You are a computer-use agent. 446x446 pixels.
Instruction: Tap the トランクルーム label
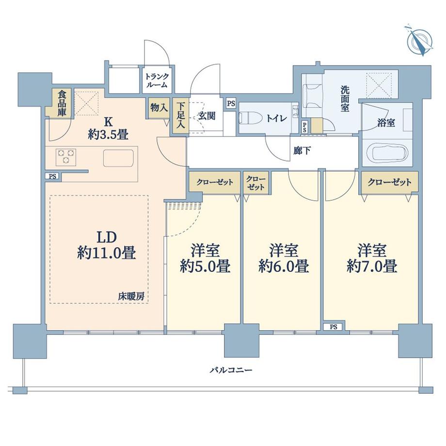click(x=156, y=80)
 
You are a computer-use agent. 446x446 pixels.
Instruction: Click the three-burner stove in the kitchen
click(x=67, y=156)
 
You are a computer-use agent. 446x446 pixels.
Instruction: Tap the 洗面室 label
click(x=344, y=98)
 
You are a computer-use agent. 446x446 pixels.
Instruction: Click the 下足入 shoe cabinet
click(x=180, y=115)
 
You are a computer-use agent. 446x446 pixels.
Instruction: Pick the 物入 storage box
click(x=159, y=108)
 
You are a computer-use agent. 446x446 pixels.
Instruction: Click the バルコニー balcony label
click(x=231, y=370)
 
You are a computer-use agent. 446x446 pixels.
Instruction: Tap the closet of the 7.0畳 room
click(x=389, y=182)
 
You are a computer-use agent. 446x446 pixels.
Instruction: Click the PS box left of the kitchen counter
click(x=52, y=176)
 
